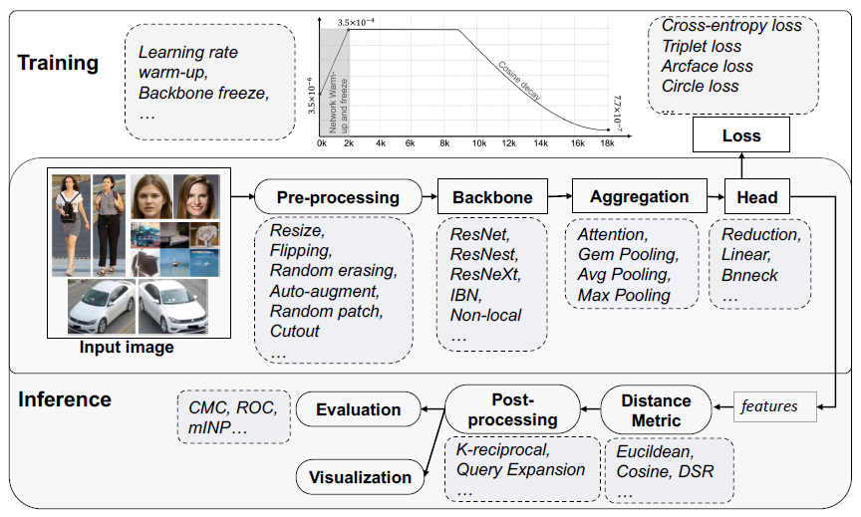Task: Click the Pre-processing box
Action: click(337, 196)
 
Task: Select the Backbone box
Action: click(493, 196)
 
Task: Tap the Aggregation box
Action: click(639, 196)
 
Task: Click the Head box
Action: click(756, 196)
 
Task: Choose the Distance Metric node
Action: click(656, 409)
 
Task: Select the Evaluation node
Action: click(358, 409)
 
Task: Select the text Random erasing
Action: click(333, 271)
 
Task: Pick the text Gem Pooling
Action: click(626, 254)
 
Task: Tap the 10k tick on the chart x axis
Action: click(479, 143)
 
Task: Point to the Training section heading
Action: click(58, 64)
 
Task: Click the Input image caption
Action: click(127, 348)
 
